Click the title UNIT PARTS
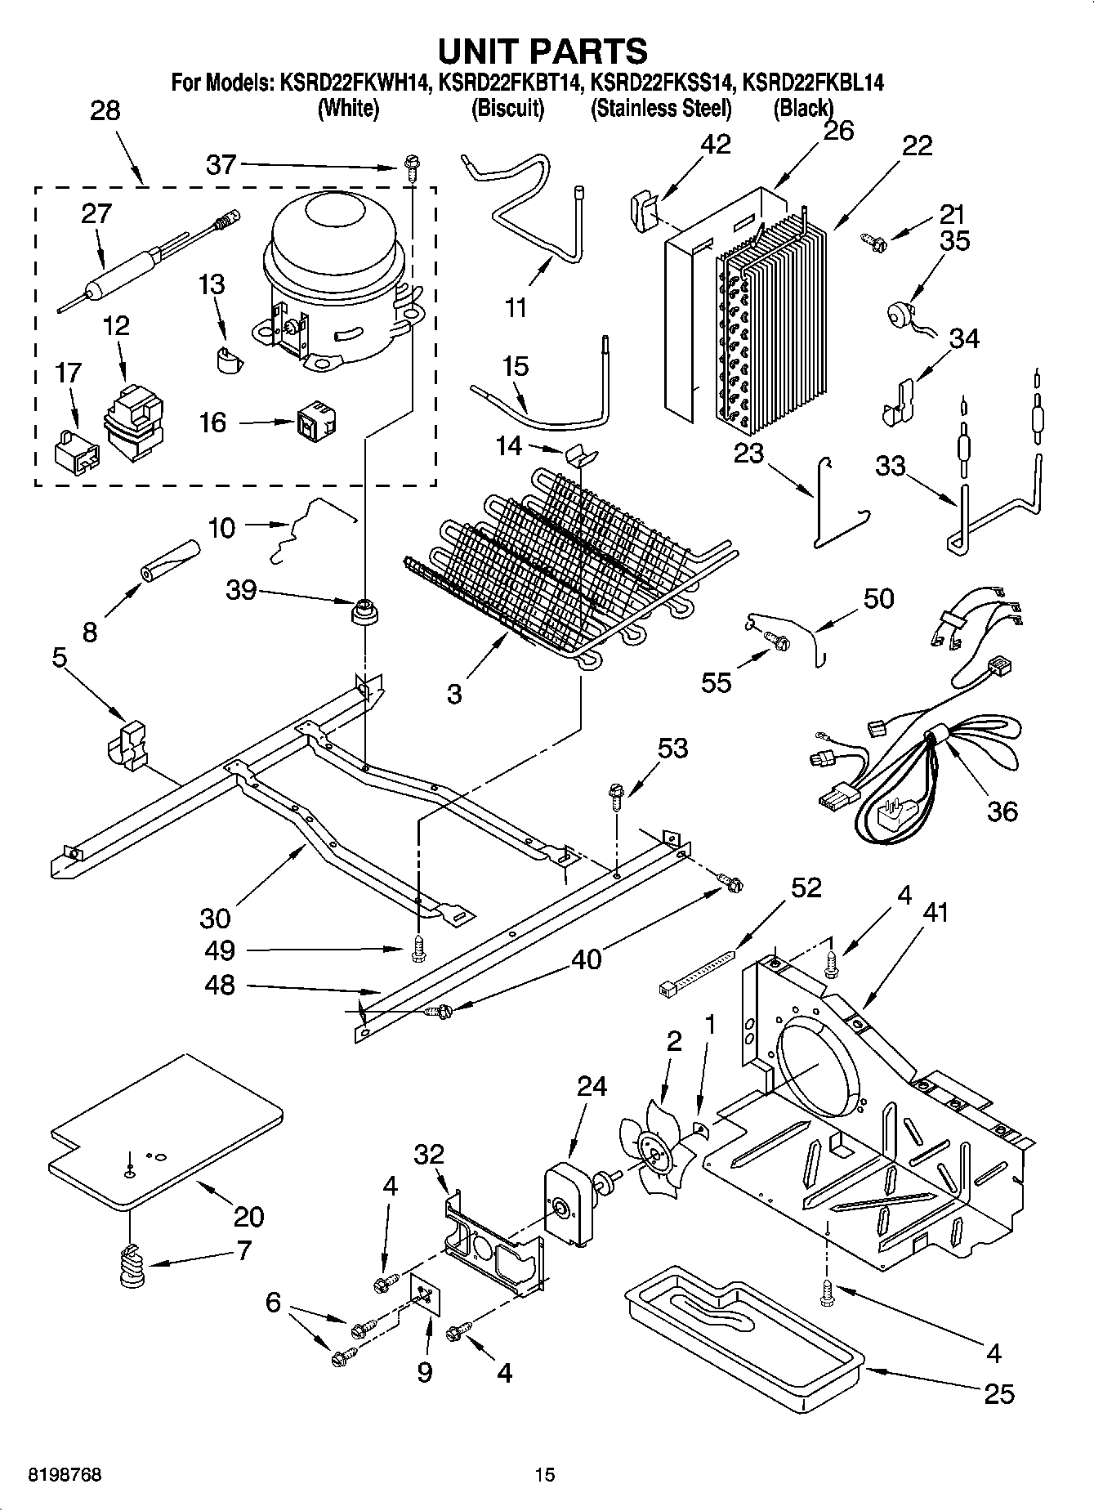tap(543, 51)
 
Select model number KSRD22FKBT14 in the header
tap(511, 83)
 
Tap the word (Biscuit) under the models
tap(507, 108)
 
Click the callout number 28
tap(105, 110)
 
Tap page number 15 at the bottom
tap(545, 1475)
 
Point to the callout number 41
tap(935, 912)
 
